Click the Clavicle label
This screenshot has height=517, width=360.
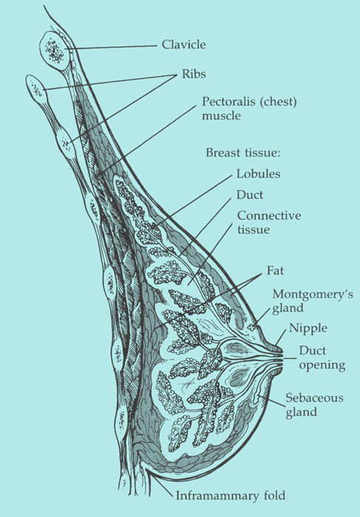tap(183, 44)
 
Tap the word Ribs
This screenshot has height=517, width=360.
tap(194, 74)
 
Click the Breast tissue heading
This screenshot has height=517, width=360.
tap(243, 152)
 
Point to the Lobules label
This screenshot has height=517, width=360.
tap(259, 174)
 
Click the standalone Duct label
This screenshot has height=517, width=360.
tap(250, 195)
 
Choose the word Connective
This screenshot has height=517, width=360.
tap(269, 215)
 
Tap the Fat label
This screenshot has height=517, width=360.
tap(275, 271)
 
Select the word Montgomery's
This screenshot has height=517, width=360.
tap(313, 294)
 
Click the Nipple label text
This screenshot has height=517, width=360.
tap(308, 328)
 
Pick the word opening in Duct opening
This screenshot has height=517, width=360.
tap(322, 365)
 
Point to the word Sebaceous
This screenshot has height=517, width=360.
tap(314, 398)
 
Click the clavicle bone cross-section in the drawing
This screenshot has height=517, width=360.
tap(55, 50)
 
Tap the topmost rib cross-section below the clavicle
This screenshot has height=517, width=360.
tap(37, 88)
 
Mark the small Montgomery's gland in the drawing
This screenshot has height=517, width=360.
tap(253, 327)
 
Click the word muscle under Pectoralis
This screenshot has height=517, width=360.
tap(221, 115)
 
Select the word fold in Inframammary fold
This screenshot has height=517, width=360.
tap(274, 496)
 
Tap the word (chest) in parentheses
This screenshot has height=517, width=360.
tap(278, 101)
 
